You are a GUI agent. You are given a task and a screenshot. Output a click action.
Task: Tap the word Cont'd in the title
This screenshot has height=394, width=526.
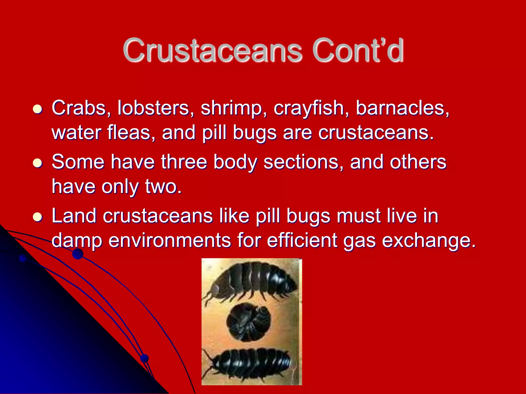(358, 50)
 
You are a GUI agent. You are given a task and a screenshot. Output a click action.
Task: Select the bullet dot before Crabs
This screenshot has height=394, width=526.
(37, 109)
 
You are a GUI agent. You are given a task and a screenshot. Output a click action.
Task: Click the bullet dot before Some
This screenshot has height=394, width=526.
(37, 163)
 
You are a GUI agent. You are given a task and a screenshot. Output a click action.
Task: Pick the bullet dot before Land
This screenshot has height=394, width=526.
(37, 217)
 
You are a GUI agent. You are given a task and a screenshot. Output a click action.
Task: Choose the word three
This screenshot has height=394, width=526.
(184, 162)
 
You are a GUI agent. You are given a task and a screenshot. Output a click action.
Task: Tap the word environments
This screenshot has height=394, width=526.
(170, 240)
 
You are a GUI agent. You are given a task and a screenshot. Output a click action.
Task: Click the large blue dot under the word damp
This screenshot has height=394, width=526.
(78, 254)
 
